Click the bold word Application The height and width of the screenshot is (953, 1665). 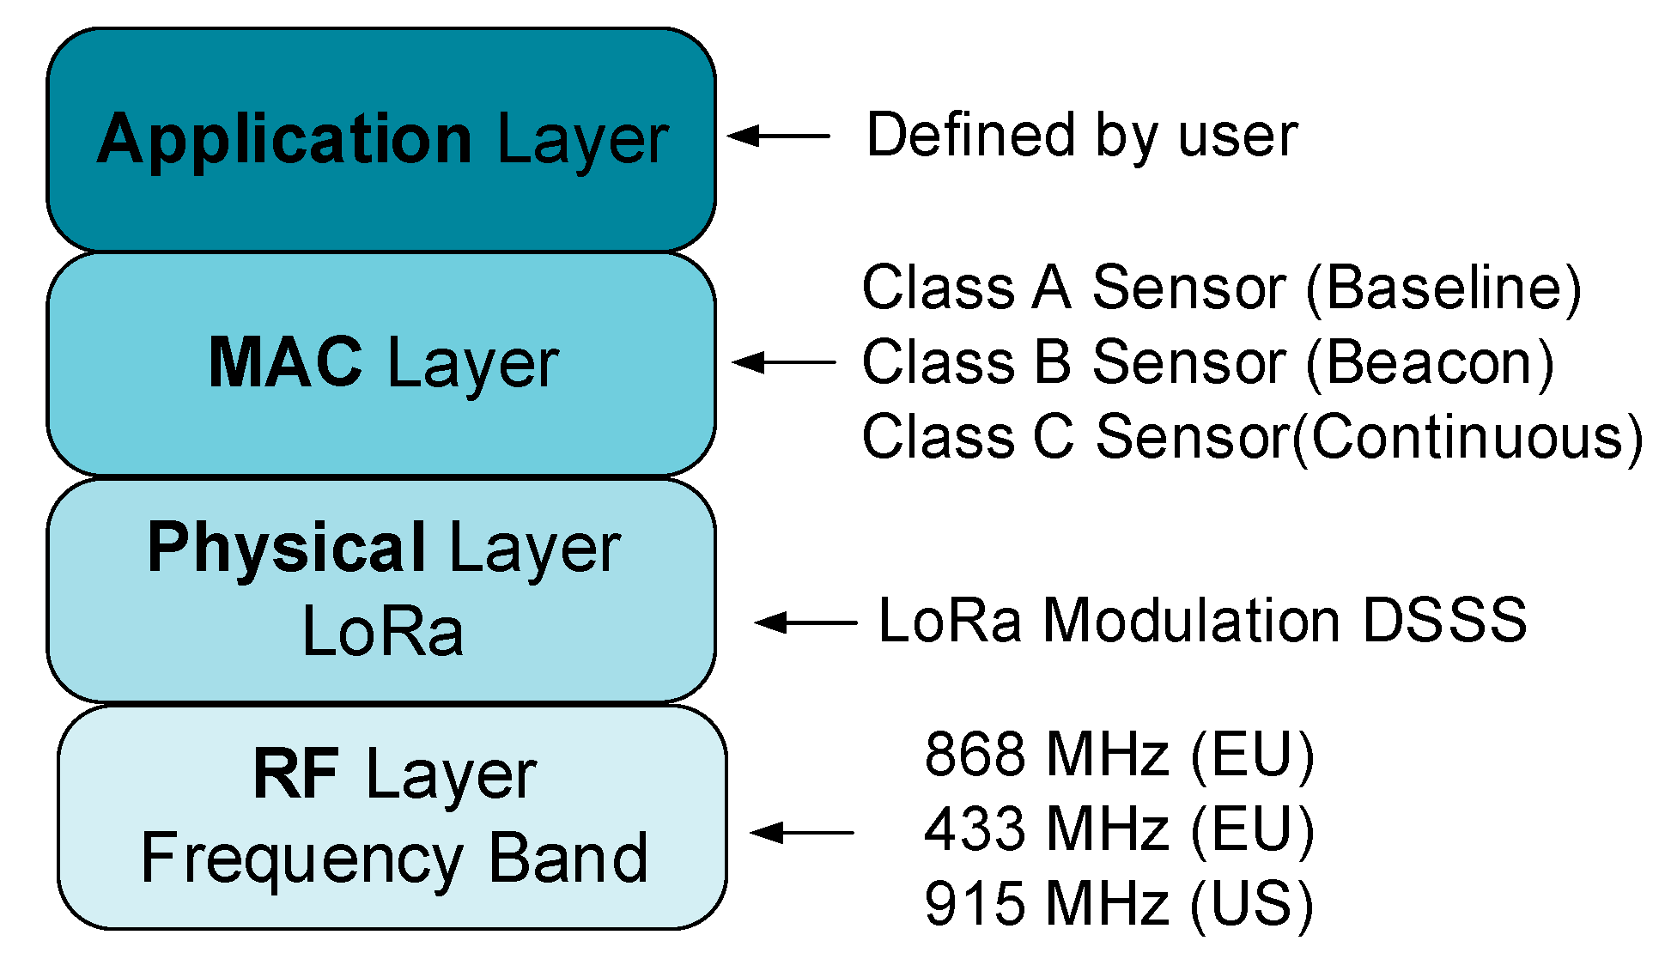tap(285, 139)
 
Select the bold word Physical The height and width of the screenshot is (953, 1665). tap(287, 548)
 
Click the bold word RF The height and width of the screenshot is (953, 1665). tap(296, 774)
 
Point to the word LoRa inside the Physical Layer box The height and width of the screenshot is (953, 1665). tap(383, 631)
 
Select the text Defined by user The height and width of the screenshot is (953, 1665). tap(1082, 136)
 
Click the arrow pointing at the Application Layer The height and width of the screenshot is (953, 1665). tap(778, 136)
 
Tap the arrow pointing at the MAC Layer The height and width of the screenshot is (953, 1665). tap(783, 362)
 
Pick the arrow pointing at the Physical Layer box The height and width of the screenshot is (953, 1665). tap(805, 622)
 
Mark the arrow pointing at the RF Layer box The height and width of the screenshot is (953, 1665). tap(801, 832)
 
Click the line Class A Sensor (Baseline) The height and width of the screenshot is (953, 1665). tap(1221, 288)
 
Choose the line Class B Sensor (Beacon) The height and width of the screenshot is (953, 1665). tap(1207, 362)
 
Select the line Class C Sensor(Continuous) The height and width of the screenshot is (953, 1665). tap(1252, 437)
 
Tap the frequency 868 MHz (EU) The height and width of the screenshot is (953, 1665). tap(1119, 755)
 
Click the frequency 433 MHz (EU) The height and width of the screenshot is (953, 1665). tap(1119, 829)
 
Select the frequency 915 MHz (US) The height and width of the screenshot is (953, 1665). tap(1119, 904)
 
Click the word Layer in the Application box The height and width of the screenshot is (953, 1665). tap(583, 139)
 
